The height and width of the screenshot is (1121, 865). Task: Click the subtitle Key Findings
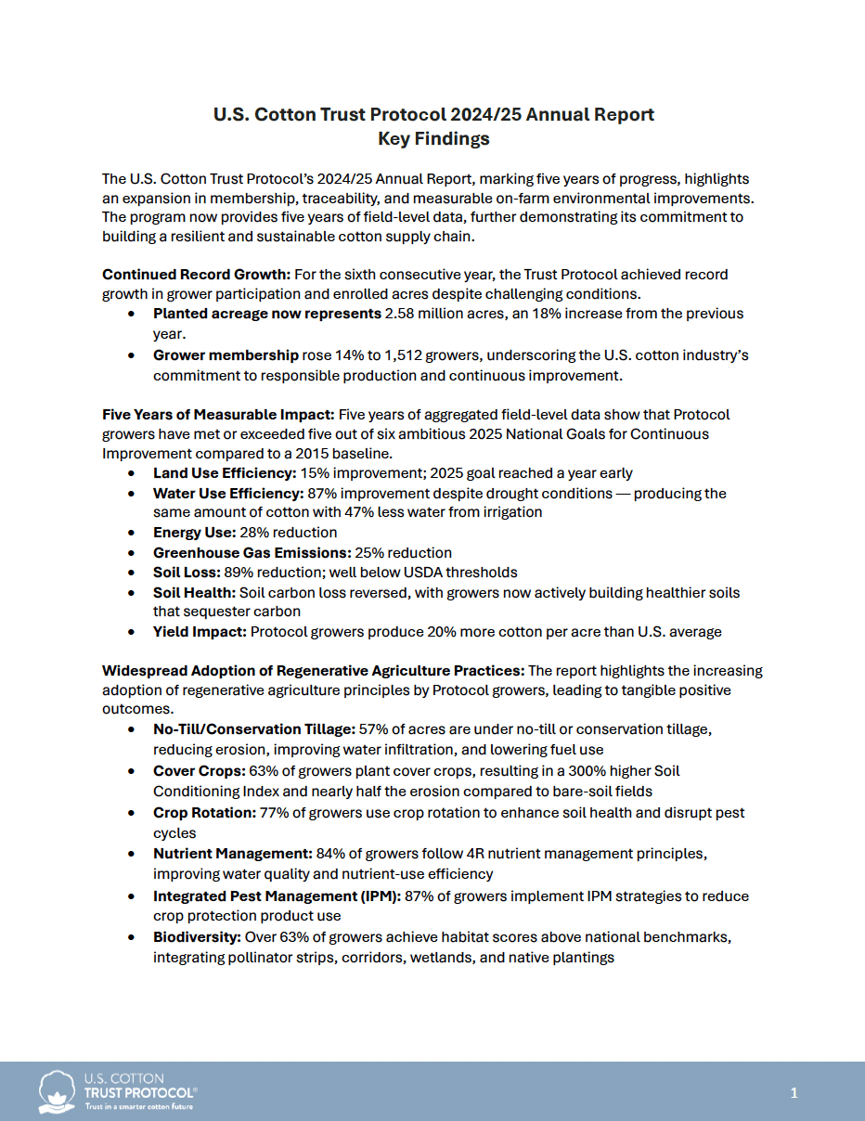(433, 139)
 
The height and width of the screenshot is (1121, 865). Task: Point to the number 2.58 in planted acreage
(400, 314)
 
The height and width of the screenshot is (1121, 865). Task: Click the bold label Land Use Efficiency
(224, 472)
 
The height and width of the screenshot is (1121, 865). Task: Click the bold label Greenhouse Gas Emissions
(252, 552)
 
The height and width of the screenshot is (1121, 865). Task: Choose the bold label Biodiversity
(197, 936)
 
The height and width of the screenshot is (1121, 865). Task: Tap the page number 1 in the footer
(794, 1093)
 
